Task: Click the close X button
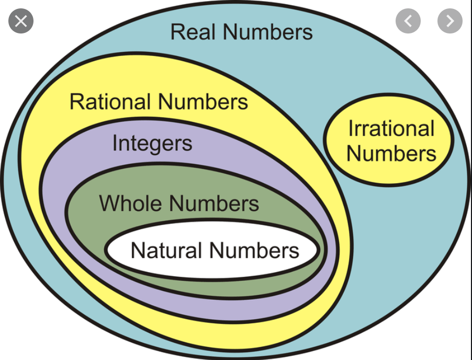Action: (x=20, y=21)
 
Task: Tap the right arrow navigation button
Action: (x=449, y=21)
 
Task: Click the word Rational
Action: (x=110, y=102)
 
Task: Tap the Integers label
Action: (x=152, y=143)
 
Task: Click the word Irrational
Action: (x=391, y=129)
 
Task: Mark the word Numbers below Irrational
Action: (x=391, y=154)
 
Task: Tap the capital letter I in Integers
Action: (x=115, y=143)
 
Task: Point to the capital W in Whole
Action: (x=108, y=204)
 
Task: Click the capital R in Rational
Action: (x=76, y=102)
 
